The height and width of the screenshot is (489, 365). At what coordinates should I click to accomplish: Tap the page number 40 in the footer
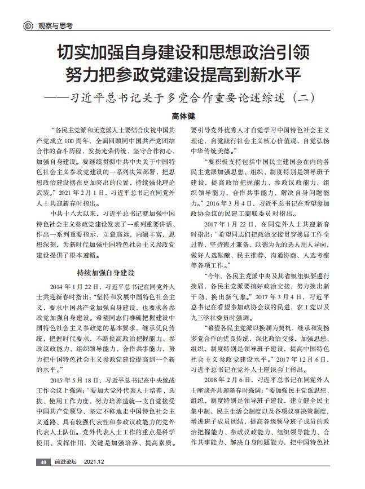pyautogui.click(x=27, y=461)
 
